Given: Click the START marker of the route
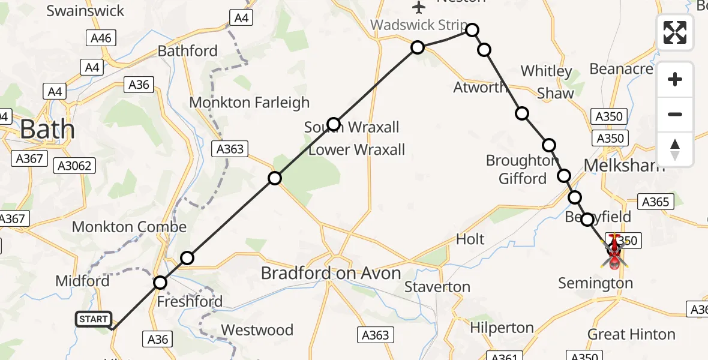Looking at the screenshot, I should [93, 319].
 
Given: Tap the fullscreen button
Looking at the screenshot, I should [675, 32].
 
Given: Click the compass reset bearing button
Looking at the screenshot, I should [675, 149].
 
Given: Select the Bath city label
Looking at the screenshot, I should [47, 130].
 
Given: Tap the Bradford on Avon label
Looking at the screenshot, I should [331, 274].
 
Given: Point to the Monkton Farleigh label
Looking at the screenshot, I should [249, 103].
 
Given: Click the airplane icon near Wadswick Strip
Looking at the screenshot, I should [419, 7].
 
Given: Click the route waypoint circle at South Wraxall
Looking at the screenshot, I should [334, 124].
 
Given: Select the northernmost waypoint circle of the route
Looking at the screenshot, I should [472, 30].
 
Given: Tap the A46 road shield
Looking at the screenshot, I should [100, 38].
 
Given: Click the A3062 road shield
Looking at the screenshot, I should [73, 166].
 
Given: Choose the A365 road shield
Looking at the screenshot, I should [655, 202].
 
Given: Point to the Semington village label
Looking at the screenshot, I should [595, 283].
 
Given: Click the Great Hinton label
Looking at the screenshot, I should [631, 334].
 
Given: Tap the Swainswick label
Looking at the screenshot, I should [85, 11].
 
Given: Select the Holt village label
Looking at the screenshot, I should [470, 239].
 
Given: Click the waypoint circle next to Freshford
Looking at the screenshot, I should [160, 283].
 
